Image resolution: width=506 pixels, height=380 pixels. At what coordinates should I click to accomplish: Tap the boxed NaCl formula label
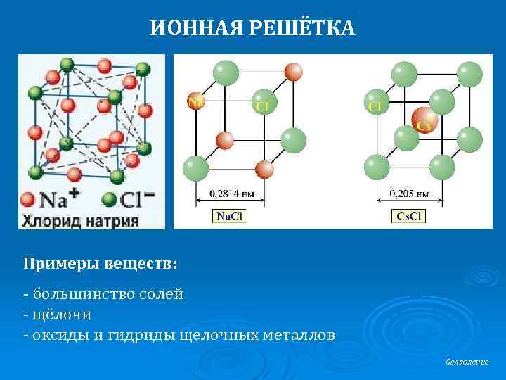point(229,216)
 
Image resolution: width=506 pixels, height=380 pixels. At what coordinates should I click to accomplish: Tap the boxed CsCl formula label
point(409,216)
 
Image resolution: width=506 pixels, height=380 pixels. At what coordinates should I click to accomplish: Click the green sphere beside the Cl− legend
point(109,199)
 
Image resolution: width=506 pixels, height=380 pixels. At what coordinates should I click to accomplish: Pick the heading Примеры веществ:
point(100,263)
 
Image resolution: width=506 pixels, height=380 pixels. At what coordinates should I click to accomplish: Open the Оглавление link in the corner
point(467,362)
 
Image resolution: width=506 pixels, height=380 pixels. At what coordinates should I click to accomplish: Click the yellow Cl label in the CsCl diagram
point(375,106)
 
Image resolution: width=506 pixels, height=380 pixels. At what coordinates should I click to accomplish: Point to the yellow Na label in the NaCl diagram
point(195,102)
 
